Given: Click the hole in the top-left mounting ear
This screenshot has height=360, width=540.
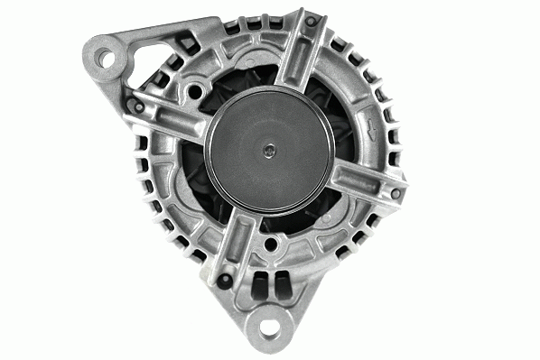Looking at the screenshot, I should pos(107,60).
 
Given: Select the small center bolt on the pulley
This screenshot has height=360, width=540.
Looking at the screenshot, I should pos(267,152).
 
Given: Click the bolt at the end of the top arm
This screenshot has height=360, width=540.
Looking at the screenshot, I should pos(312,22).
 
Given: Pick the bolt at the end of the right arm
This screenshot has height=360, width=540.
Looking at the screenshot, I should pos(395,192).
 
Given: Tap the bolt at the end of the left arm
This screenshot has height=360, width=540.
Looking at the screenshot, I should pos(138,106).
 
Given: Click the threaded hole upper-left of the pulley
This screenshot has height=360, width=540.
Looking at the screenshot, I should pos(194,91).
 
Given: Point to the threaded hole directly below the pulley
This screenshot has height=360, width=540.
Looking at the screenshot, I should pos(272,244).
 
